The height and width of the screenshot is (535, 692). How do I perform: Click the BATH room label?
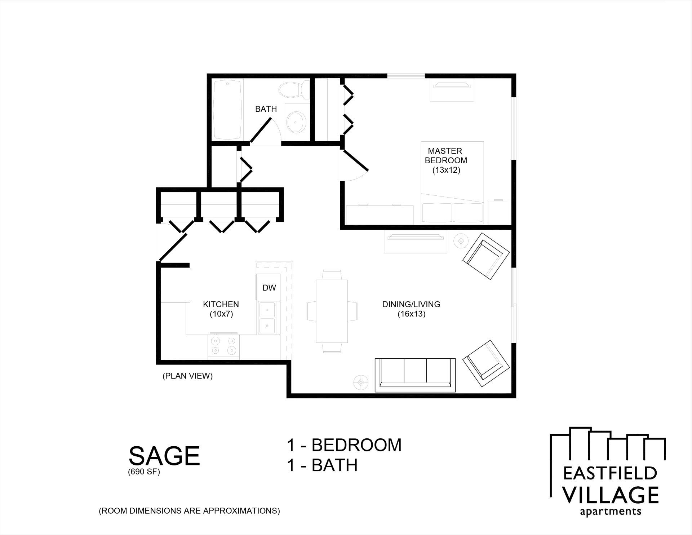point(266,109)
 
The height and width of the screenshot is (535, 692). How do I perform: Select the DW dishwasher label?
point(269,288)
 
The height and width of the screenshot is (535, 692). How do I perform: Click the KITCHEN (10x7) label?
point(221,309)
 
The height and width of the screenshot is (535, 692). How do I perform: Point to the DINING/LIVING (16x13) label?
point(411,309)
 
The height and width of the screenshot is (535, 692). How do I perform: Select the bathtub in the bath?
point(228,110)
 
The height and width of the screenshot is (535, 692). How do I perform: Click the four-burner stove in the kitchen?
point(223,345)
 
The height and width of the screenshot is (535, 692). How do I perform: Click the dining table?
point(332,311)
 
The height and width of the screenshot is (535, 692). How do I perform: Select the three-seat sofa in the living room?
point(415,375)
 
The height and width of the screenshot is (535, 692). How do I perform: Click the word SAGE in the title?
point(164,456)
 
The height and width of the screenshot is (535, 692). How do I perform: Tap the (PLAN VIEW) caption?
point(187,376)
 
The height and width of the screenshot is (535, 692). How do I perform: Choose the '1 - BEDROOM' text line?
point(344,445)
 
